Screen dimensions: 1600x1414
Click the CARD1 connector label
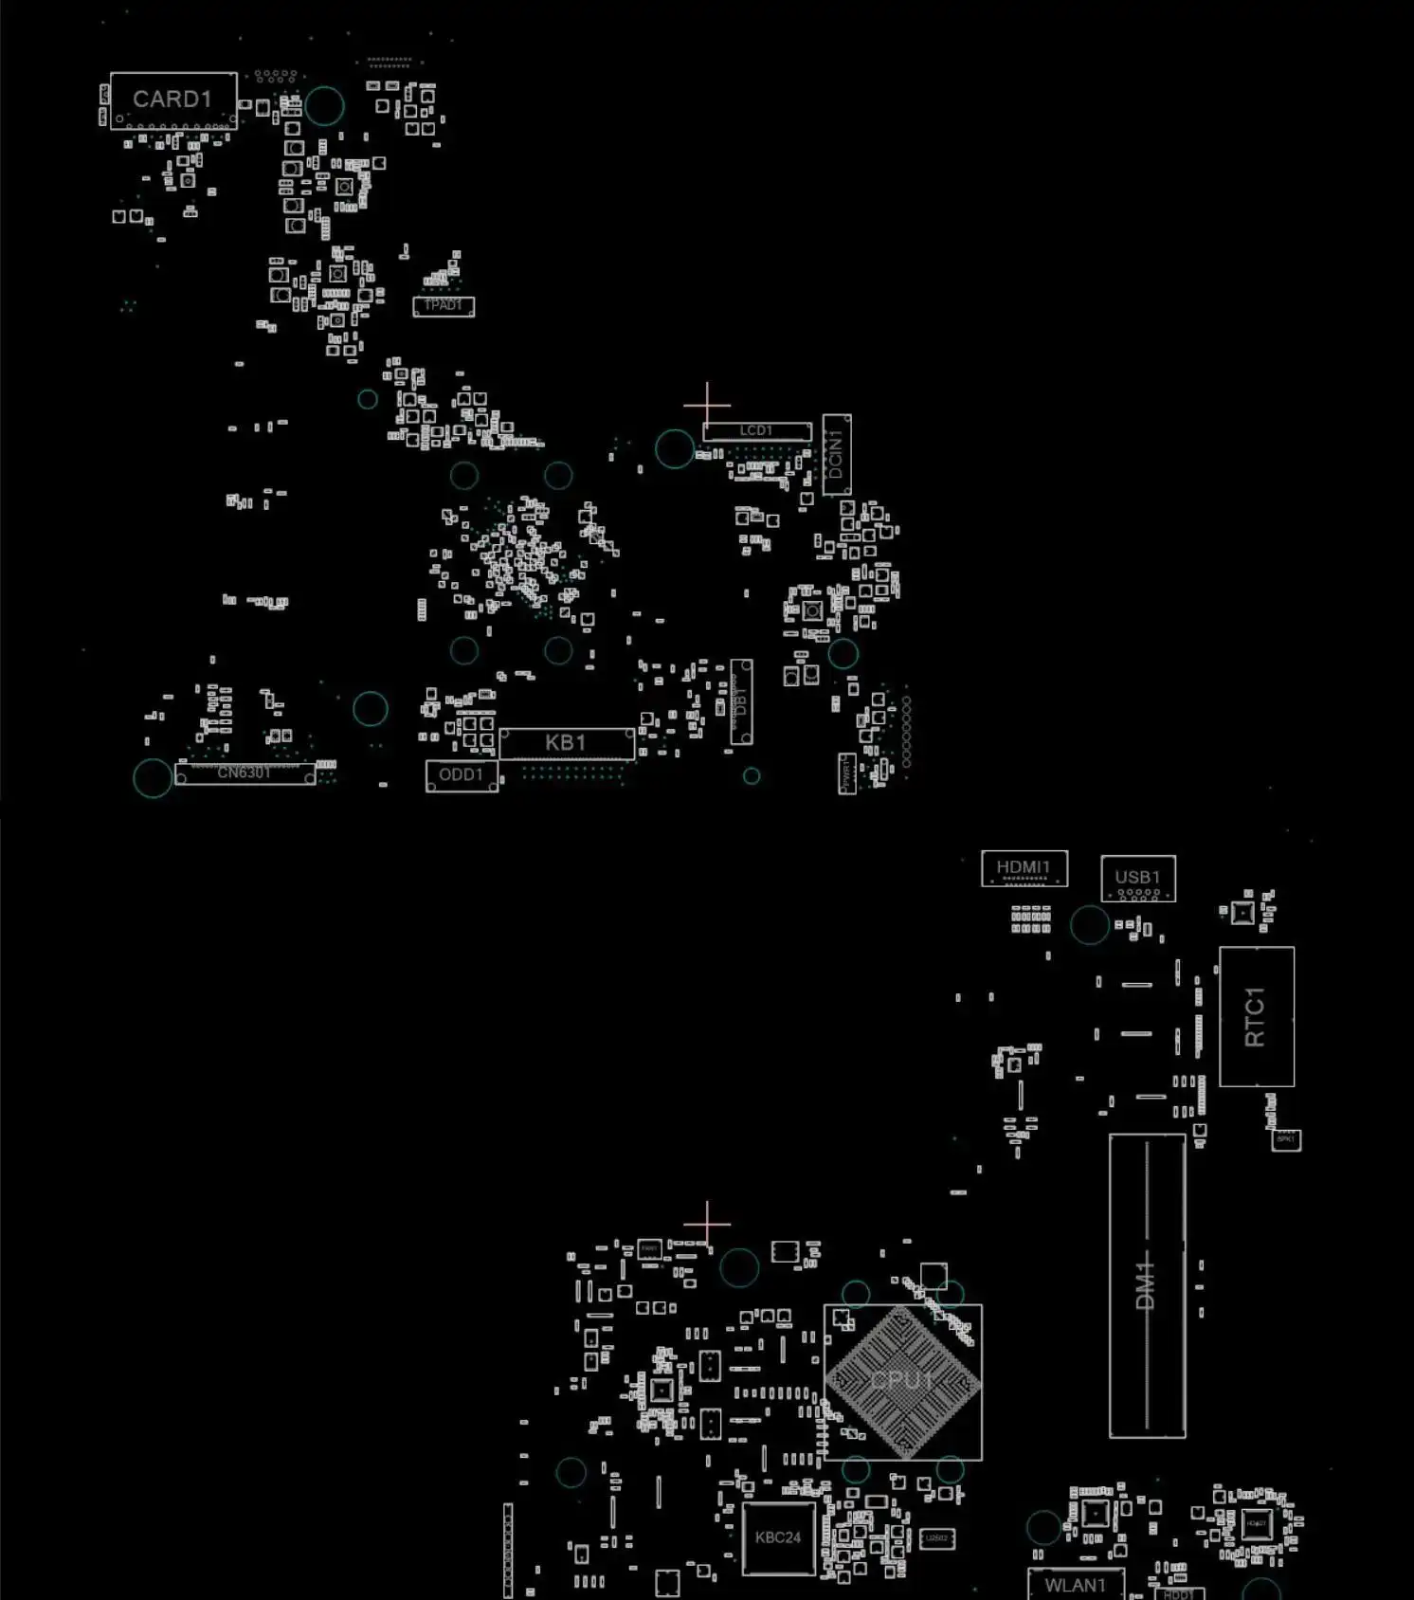172,100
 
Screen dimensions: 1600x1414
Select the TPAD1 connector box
443,305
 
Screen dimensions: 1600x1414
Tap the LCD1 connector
756,431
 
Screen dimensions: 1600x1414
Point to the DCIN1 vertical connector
836,455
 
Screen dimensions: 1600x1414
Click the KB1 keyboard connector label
566,743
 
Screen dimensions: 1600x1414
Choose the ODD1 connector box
462,775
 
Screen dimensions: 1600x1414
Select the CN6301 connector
245,773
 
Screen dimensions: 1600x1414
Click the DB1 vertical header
741,701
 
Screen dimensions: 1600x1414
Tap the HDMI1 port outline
1024,868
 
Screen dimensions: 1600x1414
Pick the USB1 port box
1137,879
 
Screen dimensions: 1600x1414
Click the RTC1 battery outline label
1256,1016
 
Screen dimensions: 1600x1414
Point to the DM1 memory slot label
1147,1284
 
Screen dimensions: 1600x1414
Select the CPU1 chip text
902,1381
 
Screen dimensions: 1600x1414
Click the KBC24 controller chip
778,1537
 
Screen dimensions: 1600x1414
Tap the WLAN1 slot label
1076,1585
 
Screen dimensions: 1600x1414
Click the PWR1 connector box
847,773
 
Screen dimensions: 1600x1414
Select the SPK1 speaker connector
1286,1139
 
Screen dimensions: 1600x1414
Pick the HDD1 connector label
1179,1594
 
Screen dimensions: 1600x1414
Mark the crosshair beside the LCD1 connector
707,405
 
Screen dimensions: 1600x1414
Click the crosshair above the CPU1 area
707,1223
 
